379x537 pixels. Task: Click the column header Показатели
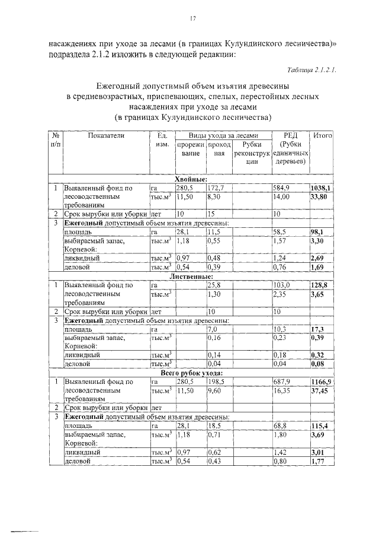(106, 136)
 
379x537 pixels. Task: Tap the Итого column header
(322, 136)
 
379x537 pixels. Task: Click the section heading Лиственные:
(191, 277)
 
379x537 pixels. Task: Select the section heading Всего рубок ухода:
(191, 374)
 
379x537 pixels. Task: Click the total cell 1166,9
(321, 383)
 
